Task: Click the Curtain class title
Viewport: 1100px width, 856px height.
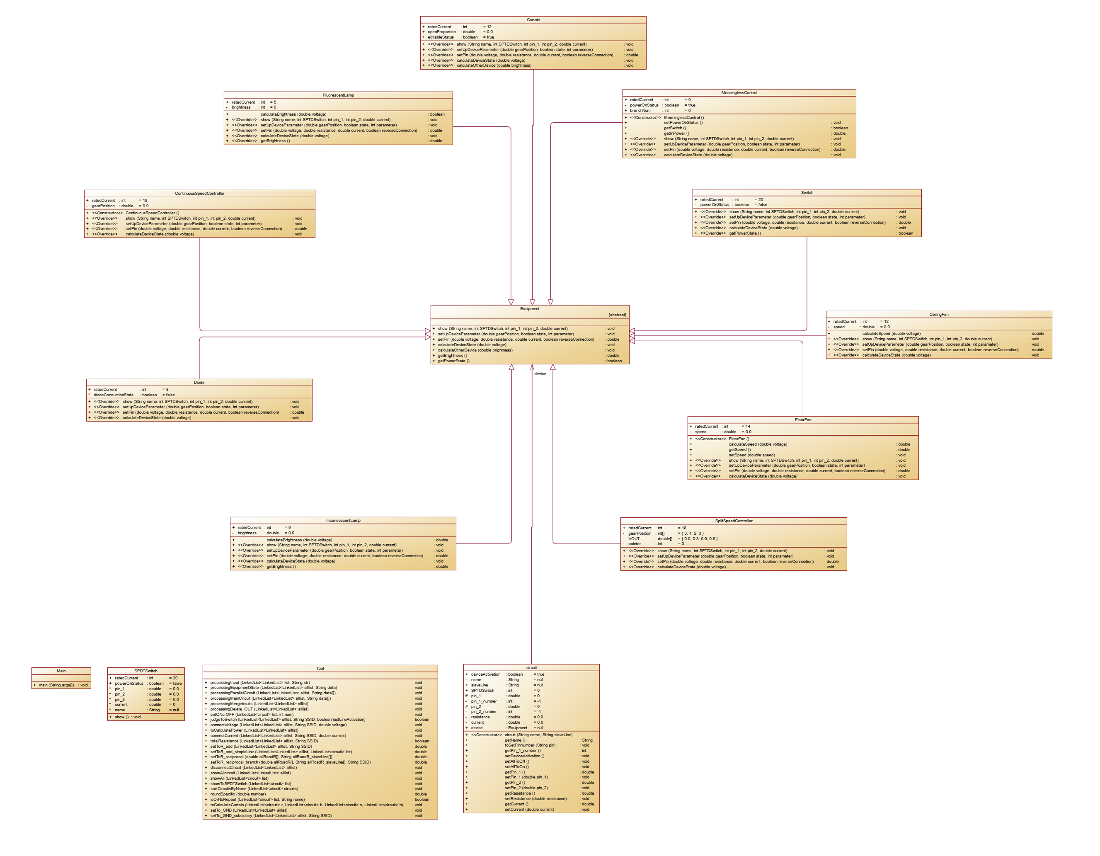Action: click(x=533, y=19)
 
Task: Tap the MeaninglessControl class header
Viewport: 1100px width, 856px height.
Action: click(x=739, y=93)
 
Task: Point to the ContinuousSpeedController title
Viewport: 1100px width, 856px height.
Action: click(x=199, y=194)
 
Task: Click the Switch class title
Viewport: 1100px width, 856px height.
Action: click(x=807, y=192)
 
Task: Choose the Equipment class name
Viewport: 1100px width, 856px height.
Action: click(x=529, y=309)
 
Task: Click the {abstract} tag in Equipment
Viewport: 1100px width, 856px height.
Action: click(x=617, y=315)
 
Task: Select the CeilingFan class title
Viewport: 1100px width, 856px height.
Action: click(x=939, y=314)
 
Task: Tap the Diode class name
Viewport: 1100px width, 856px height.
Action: click(x=199, y=383)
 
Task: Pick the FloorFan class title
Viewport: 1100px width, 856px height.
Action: click(x=803, y=420)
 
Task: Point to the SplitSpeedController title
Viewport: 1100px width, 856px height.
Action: click(x=733, y=521)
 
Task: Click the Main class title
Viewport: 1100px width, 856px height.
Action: click(x=61, y=671)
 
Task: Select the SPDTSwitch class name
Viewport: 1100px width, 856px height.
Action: click(x=145, y=671)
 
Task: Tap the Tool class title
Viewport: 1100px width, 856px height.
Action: click(x=320, y=669)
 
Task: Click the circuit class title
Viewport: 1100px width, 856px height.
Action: click(x=531, y=667)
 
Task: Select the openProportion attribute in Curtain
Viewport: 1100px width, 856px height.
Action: click(x=442, y=32)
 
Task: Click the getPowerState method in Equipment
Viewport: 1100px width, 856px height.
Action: click(x=453, y=361)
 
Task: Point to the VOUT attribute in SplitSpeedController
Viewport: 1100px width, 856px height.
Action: click(x=634, y=538)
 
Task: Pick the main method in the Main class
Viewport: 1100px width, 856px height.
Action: click(x=56, y=685)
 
